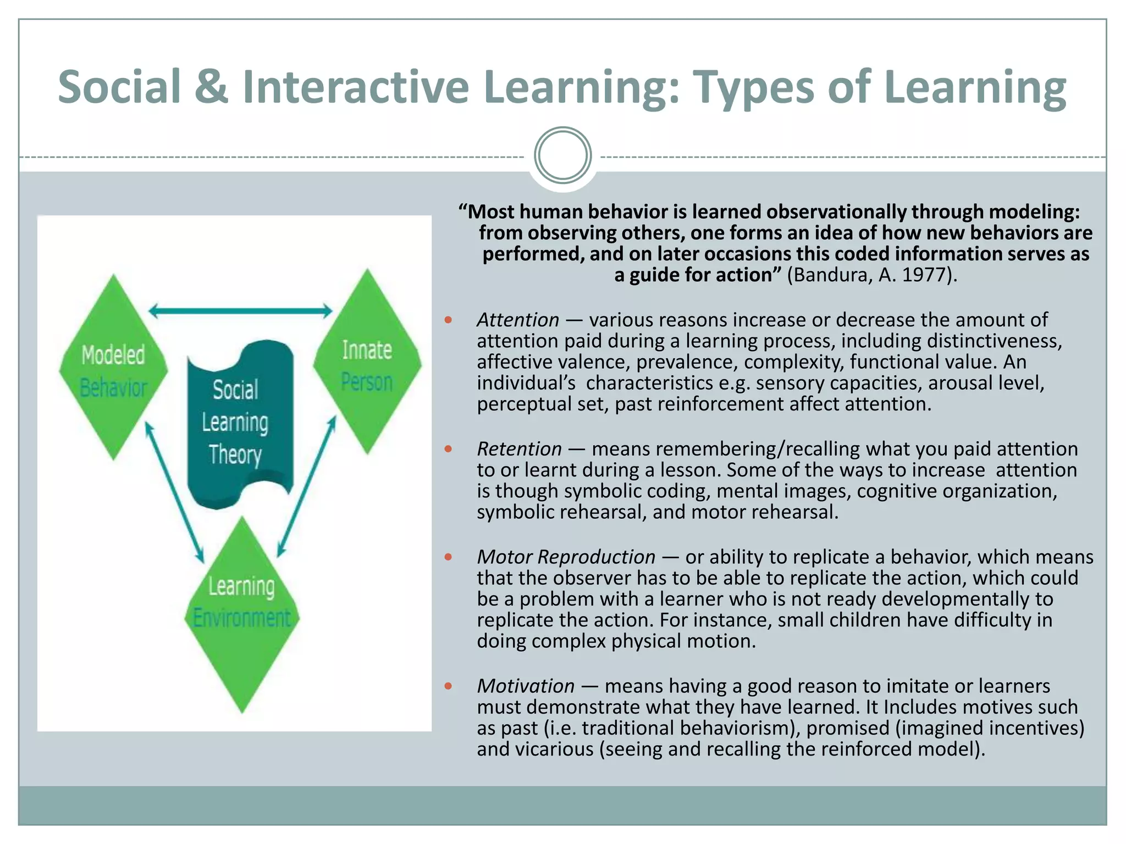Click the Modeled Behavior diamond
[x=114, y=367]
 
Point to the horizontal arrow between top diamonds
[x=241, y=311]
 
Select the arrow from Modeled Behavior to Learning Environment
[x=174, y=492]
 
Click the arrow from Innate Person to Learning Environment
[x=307, y=486]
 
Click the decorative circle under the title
[x=562, y=156]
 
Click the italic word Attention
[x=518, y=320]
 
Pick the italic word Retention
[x=519, y=449]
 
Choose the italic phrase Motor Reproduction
[x=566, y=557]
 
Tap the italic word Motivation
[x=526, y=686]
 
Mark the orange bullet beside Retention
[x=448, y=449]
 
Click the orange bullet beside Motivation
[x=448, y=686]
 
